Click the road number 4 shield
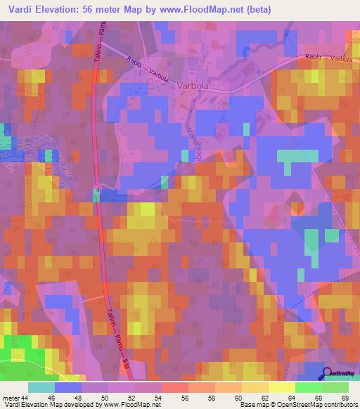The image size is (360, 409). [x=98, y=190]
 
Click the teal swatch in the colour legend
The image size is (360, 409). [x=41, y=387]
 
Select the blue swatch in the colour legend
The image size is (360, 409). [x=68, y=387]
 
